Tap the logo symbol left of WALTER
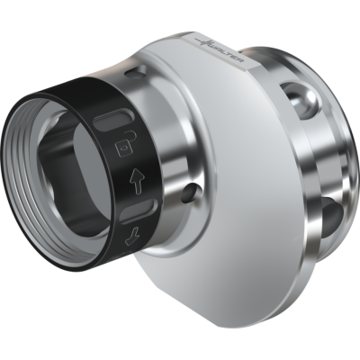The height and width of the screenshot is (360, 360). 205,42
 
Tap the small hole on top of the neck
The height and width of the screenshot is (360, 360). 135,72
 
